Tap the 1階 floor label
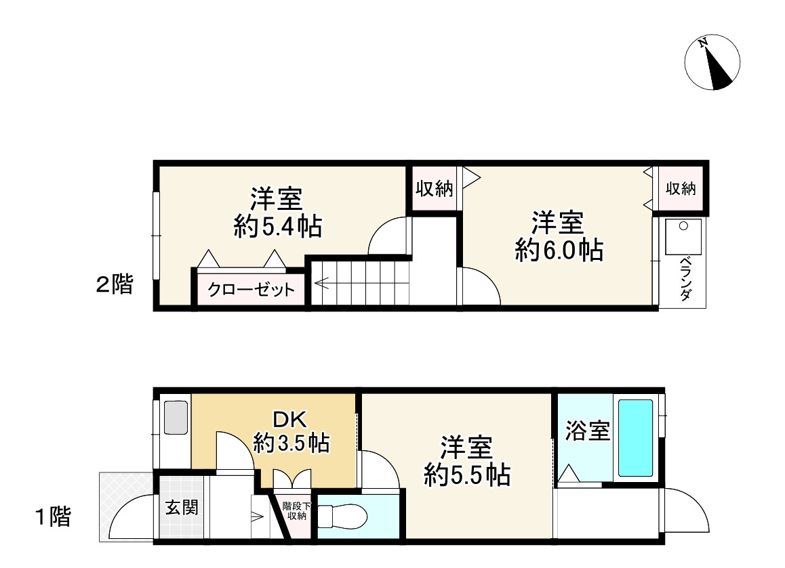click(x=53, y=518)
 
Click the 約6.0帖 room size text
click(x=559, y=250)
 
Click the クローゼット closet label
click(x=251, y=290)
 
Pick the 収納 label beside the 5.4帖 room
click(x=434, y=189)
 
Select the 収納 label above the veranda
click(x=681, y=189)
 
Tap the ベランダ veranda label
click(x=685, y=278)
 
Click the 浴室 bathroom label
click(x=587, y=431)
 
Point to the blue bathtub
click(x=635, y=437)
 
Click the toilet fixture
click(x=342, y=519)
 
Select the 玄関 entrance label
click(x=182, y=507)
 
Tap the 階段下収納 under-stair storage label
click(x=296, y=510)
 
